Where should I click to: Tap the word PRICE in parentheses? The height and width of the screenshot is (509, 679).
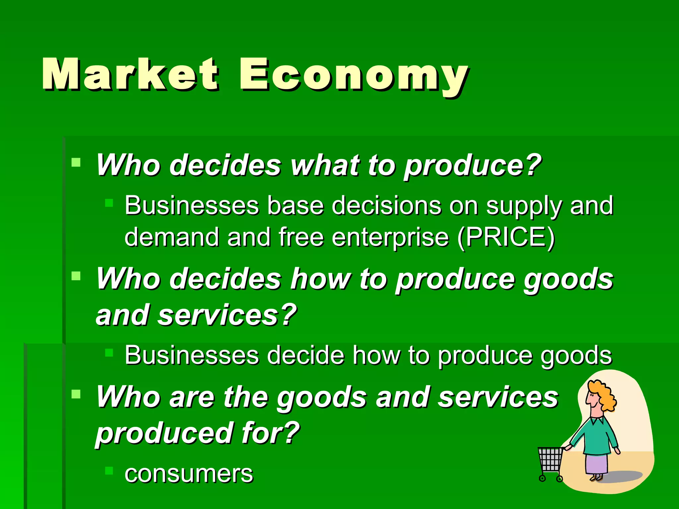click(505, 237)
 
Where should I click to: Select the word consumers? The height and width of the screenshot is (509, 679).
click(189, 474)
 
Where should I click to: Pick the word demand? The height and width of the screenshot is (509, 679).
click(172, 237)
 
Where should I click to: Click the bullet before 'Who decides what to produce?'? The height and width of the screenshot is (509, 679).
click(76, 162)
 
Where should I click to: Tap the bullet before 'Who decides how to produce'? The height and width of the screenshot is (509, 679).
click(76, 276)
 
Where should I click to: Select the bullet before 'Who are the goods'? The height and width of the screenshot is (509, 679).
click(76, 394)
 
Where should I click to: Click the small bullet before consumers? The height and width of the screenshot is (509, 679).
click(109, 471)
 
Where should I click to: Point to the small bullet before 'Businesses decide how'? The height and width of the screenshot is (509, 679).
click(109, 353)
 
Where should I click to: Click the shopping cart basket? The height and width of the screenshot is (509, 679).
click(550, 459)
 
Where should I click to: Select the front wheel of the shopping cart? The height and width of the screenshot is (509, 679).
click(542, 478)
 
